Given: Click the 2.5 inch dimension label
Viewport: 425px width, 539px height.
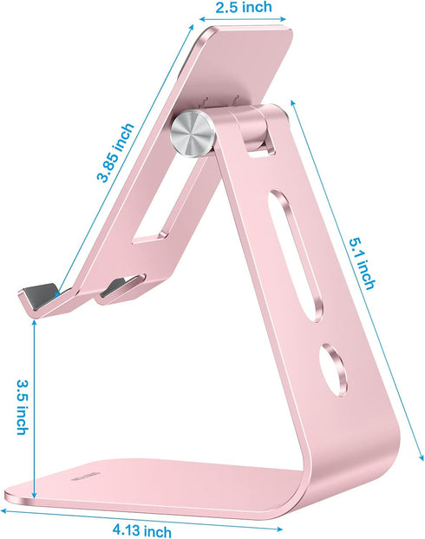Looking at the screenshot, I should (x=242, y=8).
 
